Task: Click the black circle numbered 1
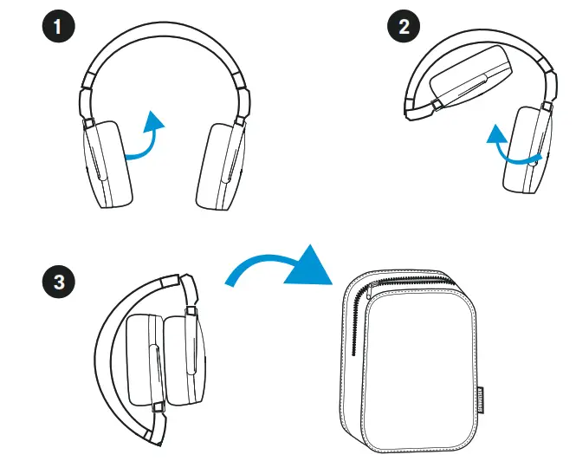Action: [59, 26]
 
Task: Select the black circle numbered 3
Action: [59, 282]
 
